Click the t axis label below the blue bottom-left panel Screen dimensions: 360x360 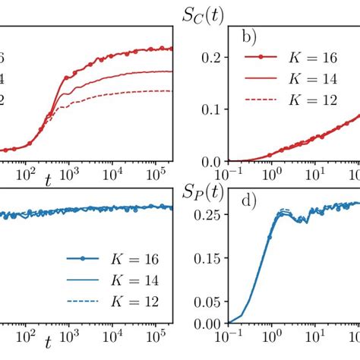click(x=47, y=343)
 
